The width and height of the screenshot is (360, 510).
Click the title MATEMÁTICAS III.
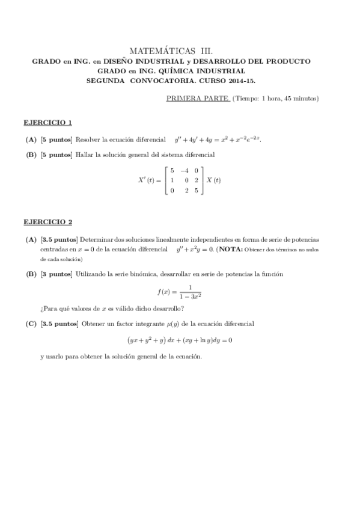(x=171, y=52)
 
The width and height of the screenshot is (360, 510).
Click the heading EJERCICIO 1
(x=48, y=123)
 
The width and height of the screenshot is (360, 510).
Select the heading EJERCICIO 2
(x=48, y=222)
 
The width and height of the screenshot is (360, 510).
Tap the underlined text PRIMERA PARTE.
(x=197, y=98)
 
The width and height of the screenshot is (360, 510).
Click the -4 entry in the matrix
(x=184, y=171)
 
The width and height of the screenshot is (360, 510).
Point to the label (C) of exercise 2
(x=31, y=323)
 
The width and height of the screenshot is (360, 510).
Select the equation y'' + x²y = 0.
(x=203, y=249)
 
